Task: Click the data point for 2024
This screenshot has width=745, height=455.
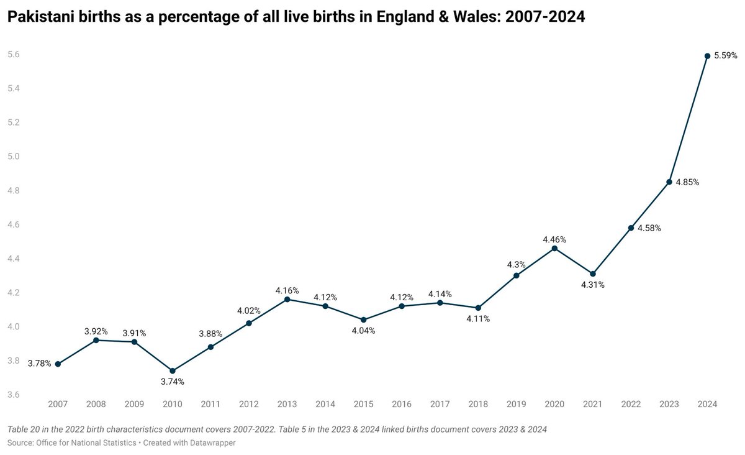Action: (x=707, y=56)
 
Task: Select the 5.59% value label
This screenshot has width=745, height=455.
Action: (x=726, y=55)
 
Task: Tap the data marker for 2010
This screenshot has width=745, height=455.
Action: (x=173, y=370)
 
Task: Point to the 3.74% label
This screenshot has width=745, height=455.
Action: (x=173, y=382)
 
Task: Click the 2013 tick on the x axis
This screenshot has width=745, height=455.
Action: (x=287, y=404)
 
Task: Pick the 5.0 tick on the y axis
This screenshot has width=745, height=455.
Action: (x=13, y=157)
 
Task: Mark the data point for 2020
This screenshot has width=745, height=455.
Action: (x=554, y=249)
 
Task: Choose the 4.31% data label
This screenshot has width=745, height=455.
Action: (x=593, y=285)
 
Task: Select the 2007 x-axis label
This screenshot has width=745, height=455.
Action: (x=58, y=404)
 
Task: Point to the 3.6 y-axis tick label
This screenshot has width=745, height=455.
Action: (x=13, y=395)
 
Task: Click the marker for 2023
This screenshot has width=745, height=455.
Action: (x=669, y=182)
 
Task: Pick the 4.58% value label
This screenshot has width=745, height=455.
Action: (x=649, y=228)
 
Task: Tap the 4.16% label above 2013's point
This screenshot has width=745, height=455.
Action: (x=287, y=290)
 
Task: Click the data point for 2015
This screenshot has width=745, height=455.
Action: (x=363, y=319)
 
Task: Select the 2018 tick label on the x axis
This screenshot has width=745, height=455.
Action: (x=478, y=404)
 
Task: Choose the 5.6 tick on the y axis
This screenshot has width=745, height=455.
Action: (x=13, y=55)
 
